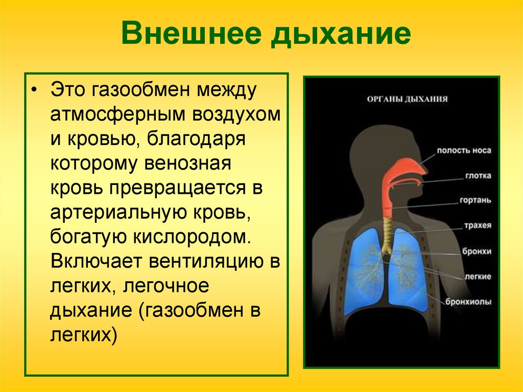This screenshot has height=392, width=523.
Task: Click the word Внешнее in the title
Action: (x=191, y=35)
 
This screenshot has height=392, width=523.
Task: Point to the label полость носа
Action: (x=464, y=151)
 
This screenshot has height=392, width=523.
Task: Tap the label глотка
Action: (x=478, y=176)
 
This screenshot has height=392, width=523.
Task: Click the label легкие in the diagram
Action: (x=478, y=276)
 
